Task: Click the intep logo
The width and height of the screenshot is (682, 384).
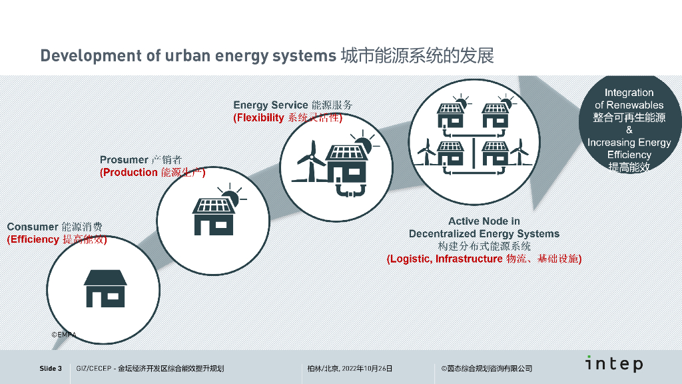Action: pos(614,364)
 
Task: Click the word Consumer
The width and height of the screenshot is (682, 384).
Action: pos(32,227)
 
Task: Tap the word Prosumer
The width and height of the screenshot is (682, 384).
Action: pos(124,160)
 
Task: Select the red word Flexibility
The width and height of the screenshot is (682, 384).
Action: pos(259,118)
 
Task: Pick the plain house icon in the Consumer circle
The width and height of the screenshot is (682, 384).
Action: pos(105,287)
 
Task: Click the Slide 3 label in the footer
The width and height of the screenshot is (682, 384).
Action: pos(51,369)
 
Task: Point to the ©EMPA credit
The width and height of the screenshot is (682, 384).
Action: pos(64,335)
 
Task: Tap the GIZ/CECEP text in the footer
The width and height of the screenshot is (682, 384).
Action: pos(94,369)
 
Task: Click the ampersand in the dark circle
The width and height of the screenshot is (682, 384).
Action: pos(629,130)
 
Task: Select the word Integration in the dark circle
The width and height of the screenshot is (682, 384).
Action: pos(629,93)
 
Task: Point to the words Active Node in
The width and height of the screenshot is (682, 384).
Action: pos(484,221)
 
